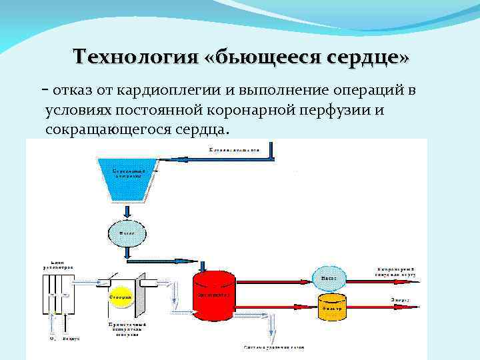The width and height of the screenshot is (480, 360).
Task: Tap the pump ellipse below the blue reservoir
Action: (125, 234)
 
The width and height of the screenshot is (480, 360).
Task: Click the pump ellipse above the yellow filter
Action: (329, 277)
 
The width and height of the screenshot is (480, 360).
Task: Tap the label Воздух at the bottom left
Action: (71, 339)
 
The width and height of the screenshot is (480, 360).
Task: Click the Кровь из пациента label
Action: (233, 149)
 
